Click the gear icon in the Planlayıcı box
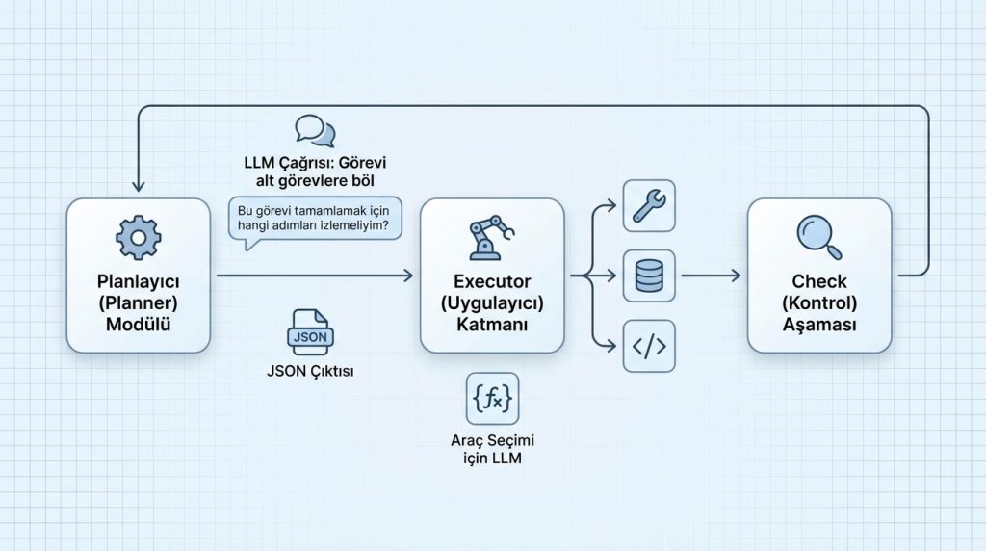(x=138, y=237)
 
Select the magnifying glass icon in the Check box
(x=819, y=237)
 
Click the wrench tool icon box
(x=650, y=204)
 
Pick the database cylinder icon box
(x=650, y=275)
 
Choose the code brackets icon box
(x=650, y=346)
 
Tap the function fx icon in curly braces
(x=492, y=398)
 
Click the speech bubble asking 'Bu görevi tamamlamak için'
(x=315, y=220)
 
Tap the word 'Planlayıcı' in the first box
(x=138, y=281)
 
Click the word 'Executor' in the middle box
(x=492, y=281)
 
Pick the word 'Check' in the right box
(x=819, y=281)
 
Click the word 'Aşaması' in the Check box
(x=819, y=325)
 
